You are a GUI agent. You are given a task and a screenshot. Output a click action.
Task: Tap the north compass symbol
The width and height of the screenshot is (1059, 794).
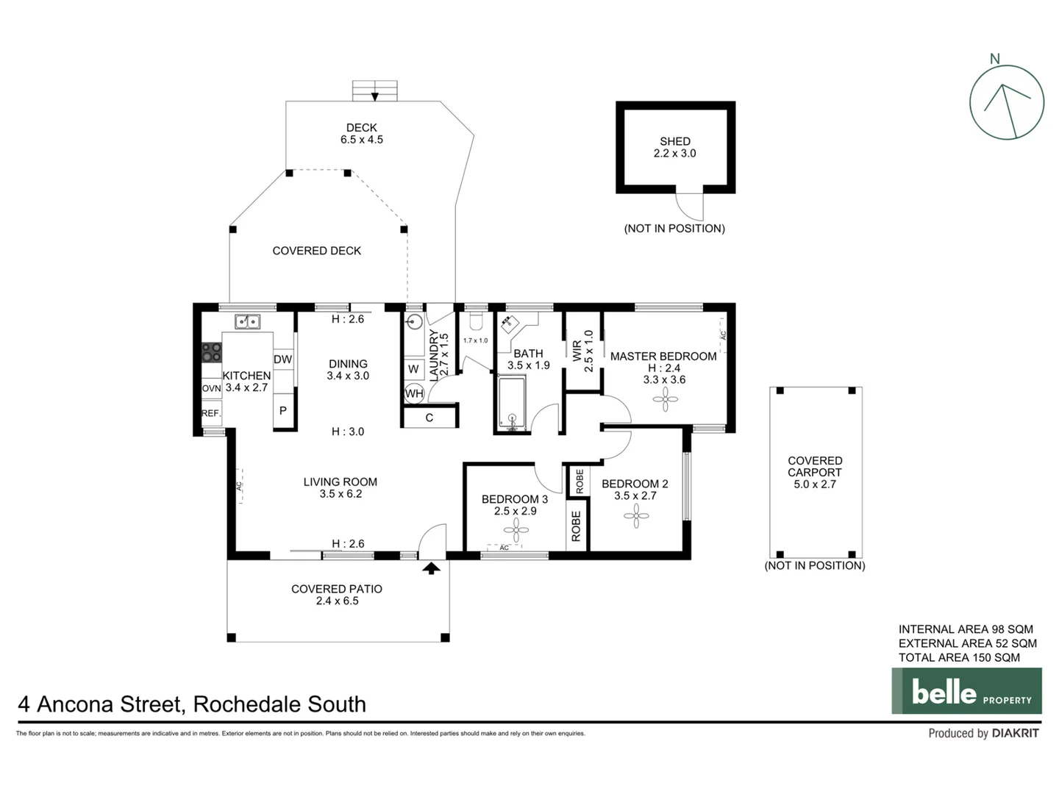[x=1006, y=102]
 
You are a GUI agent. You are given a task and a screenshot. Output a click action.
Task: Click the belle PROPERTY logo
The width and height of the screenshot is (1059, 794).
[x=966, y=691]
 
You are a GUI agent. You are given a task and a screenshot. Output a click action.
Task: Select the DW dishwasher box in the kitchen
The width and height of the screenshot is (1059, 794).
[x=283, y=360]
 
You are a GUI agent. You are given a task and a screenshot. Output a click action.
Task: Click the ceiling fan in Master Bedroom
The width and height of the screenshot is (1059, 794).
[x=666, y=400]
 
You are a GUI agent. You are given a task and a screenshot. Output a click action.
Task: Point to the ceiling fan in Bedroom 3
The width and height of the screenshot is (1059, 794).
[x=516, y=529]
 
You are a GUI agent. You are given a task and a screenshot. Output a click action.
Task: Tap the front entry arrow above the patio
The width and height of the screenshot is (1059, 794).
[x=431, y=568]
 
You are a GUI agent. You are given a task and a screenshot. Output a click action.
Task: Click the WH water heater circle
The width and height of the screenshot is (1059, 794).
[x=414, y=393]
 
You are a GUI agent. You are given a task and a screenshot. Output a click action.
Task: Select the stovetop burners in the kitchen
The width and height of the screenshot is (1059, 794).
[x=212, y=352]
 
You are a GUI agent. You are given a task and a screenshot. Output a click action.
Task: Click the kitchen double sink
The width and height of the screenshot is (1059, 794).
[x=247, y=321]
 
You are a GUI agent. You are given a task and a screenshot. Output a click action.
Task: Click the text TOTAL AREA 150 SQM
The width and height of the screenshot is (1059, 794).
[x=959, y=658]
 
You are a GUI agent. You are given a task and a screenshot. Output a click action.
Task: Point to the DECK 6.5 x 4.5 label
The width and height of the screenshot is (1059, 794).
[x=361, y=133]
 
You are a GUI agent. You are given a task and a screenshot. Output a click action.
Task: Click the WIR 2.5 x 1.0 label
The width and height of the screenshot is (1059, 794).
[x=582, y=351]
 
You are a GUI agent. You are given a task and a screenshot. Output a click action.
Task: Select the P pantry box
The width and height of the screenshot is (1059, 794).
[x=283, y=411]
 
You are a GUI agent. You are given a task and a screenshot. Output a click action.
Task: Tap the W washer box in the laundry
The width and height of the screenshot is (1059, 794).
[x=413, y=369]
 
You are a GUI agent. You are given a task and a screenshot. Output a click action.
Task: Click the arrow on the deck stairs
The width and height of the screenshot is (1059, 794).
[x=375, y=96]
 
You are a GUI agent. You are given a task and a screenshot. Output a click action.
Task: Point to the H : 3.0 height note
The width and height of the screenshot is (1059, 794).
[x=348, y=432]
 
